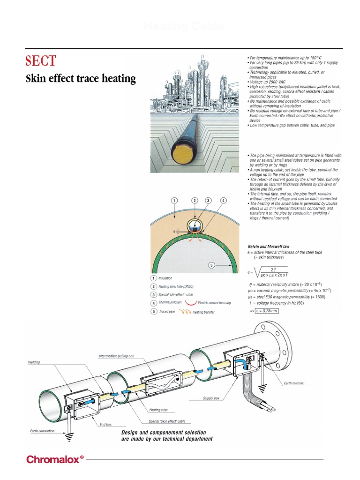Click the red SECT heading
point(40,60)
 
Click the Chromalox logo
point(55,459)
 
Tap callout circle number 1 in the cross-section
point(174,201)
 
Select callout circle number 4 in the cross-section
point(224,201)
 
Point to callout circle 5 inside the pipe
point(211,265)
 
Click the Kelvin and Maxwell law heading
point(269,246)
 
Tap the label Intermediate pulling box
point(116,356)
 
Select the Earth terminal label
point(294,383)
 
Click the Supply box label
point(211,398)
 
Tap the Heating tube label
point(158,409)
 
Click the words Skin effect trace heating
point(80,79)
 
